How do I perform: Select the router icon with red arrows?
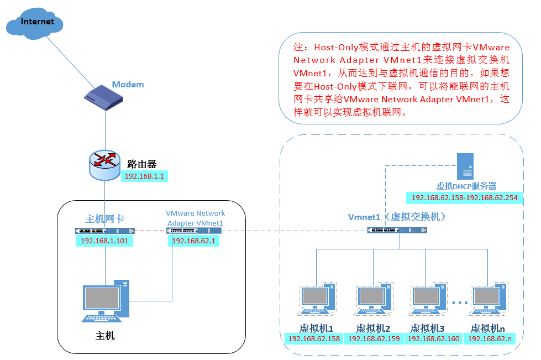105,163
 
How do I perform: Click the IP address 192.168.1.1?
145,176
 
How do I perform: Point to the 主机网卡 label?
104,219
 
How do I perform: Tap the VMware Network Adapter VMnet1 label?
196,218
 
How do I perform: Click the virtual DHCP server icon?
465,166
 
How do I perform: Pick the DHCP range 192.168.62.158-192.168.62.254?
464,197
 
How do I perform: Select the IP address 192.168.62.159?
374,339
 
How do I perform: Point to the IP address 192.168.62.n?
490,339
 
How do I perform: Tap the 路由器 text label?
142,164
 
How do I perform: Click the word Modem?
128,85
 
